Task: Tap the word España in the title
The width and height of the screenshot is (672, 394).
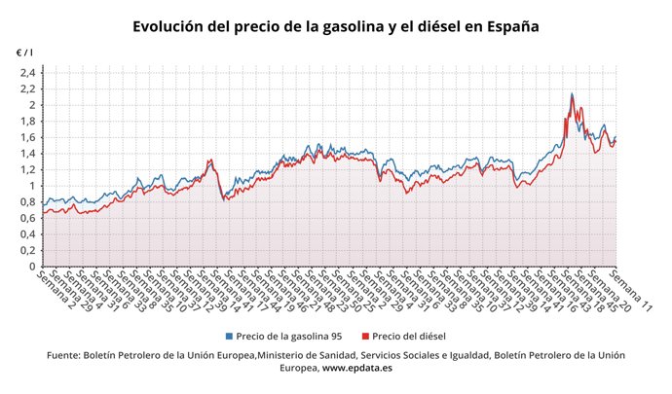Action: (x=505, y=26)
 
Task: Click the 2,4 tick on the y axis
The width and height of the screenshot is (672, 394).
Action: (x=26, y=73)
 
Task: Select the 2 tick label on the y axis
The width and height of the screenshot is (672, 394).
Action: (x=31, y=105)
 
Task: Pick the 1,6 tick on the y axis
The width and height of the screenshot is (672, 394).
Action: (x=26, y=137)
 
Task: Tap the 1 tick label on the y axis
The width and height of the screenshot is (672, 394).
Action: (x=31, y=186)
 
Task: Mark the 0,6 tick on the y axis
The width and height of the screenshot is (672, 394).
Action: (x=26, y=218)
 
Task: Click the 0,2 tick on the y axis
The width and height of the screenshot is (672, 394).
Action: (x=26, y=250)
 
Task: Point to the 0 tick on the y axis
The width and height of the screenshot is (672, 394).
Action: (x=31, y=267)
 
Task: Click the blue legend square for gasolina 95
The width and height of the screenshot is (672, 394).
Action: (x=229, y=336)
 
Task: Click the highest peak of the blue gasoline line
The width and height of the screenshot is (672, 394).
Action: (x=572, y=94)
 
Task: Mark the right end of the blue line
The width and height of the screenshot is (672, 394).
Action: (x=616, y=137)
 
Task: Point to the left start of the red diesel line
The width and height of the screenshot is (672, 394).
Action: (x=44, y=213)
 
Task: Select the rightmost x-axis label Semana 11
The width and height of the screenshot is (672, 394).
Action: (x=634, y=291)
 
